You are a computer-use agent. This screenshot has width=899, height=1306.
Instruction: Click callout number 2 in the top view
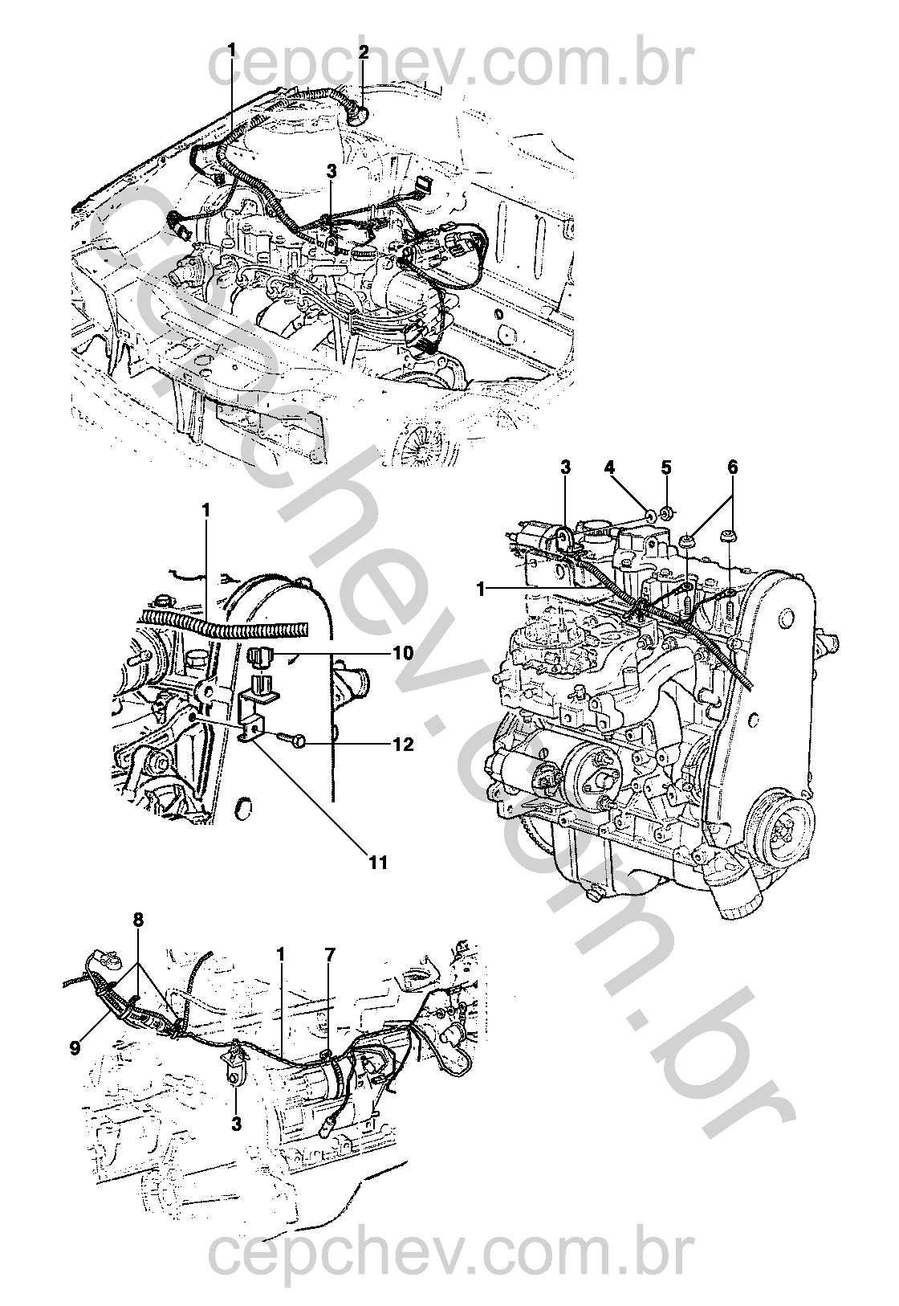364,53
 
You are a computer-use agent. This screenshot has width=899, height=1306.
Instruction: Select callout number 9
74,1047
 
